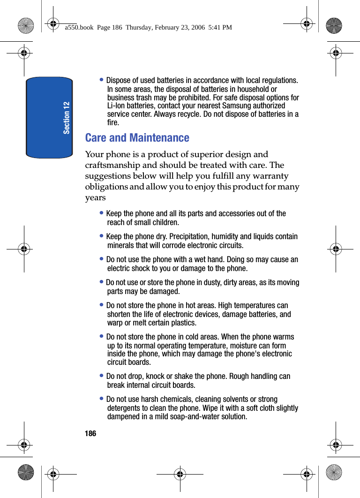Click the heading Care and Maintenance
[x=137, y=138]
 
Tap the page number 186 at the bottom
[x=90, y=434]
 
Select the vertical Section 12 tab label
[x=67, y=118]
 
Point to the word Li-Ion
[x=117, y=106]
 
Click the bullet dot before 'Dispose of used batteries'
[x=102, y=79]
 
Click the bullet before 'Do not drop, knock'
[x=102, y=376]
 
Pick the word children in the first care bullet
[x=165, y=222]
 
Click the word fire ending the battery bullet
[x=112, y=122]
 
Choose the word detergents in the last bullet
[x=124, y=408]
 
